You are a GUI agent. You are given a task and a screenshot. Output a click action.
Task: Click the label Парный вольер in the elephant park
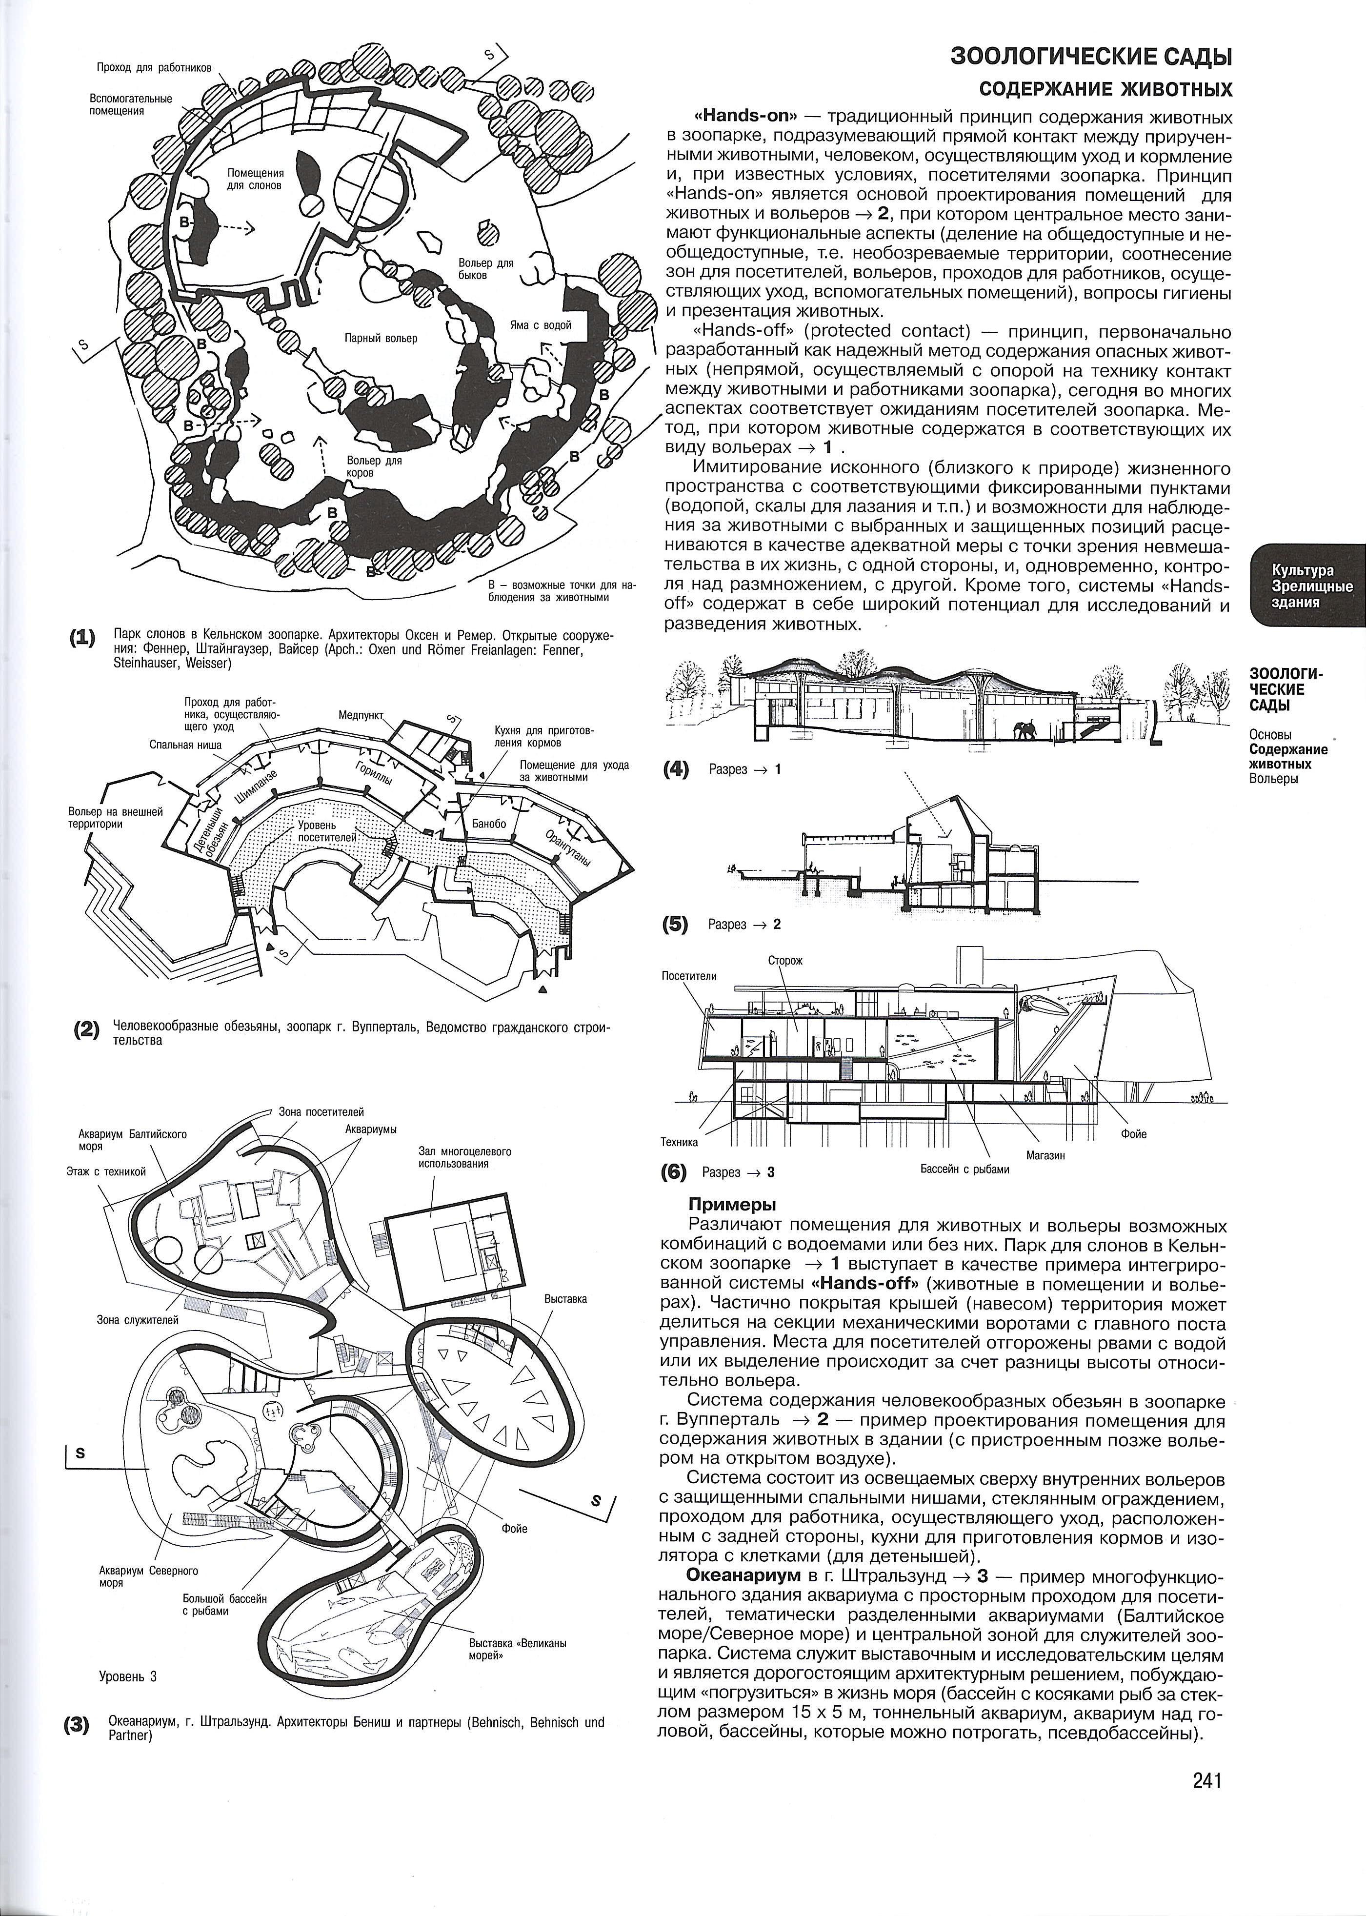coord(381,338)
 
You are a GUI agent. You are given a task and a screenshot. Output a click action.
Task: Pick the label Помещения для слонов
coord(254,178)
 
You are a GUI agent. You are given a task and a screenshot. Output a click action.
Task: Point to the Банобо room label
coord(489,824)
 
